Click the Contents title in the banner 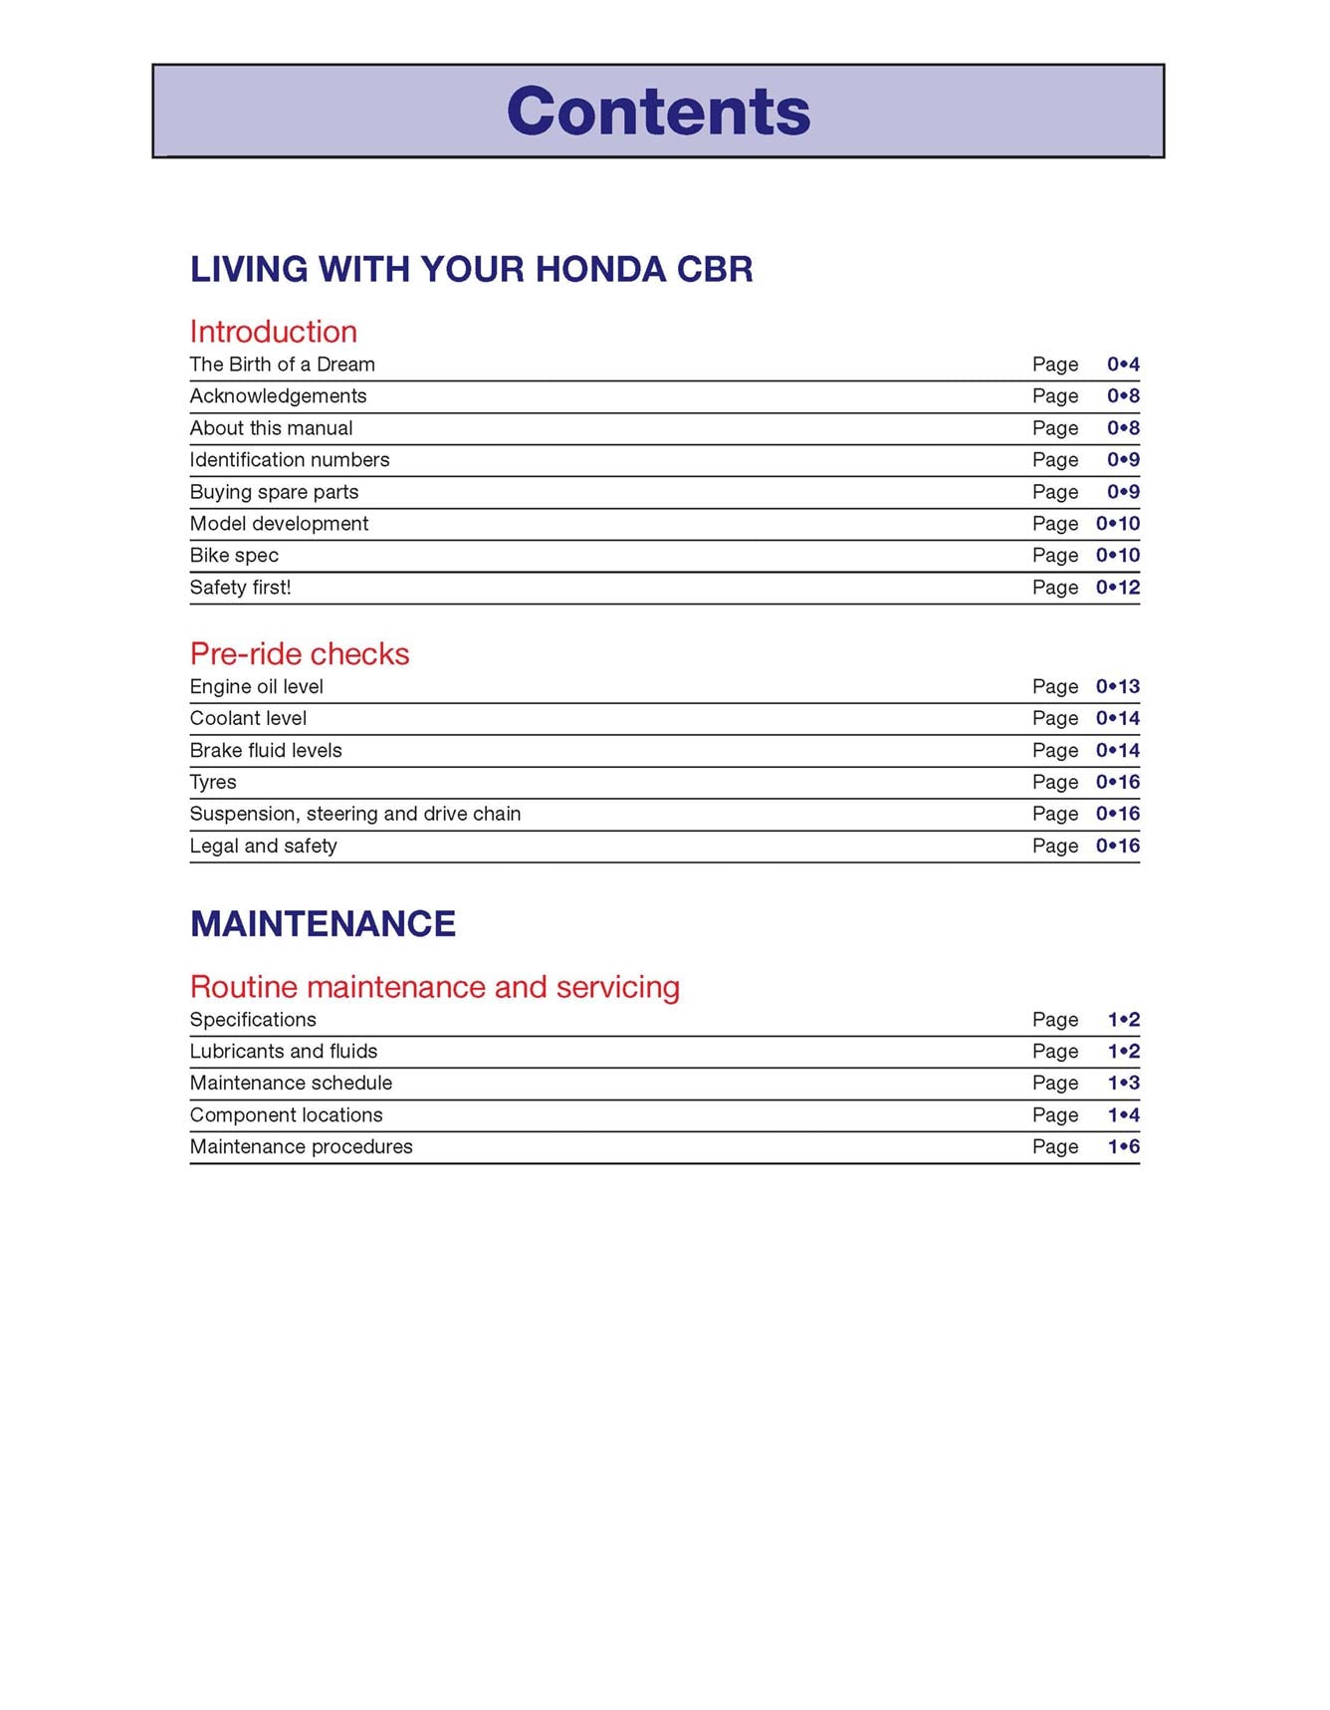click(x=658, y=111)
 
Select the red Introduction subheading click(x=273, y=332)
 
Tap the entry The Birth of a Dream click(x=282, y=365)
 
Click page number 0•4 click(x=1123, y=365)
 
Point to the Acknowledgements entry click(x=278, y=396)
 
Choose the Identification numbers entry click(x=289, y=460)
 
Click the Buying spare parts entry click(x=274, y=492)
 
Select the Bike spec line click(x=234, y=556)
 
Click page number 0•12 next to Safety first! click(x=1118, y=588)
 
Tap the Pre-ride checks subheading click(x=299, y=654)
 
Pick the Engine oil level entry click(x=256, y=687)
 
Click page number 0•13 click(x=1118, y=687)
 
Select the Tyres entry click(x=213, y=783)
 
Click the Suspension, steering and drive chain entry click(x=354, y=815)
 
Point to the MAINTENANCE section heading click(x=323, y=924)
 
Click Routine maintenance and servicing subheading click(x=434, y=987)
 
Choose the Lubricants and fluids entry click(x=283, y=1052)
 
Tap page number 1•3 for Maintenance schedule click(x=1123, y=1084)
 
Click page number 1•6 click(x=1123, y=1147)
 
